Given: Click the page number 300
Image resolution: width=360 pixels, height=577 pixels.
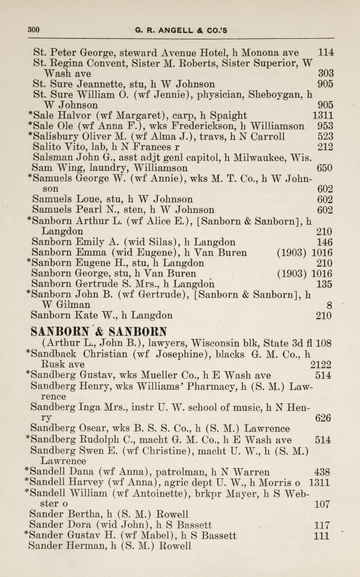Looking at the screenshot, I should tap(33, 30).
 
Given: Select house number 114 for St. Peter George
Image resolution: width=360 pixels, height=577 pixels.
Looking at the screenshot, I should tap(326, 53).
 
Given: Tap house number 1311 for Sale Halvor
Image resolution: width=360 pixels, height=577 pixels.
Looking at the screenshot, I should tap(323, 115).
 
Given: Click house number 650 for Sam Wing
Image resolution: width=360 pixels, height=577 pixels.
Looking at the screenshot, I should tap(325, 168).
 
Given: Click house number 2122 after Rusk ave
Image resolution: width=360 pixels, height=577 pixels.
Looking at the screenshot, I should tap(321, 364).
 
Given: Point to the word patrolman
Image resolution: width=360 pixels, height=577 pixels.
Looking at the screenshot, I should tap(183, 472).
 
